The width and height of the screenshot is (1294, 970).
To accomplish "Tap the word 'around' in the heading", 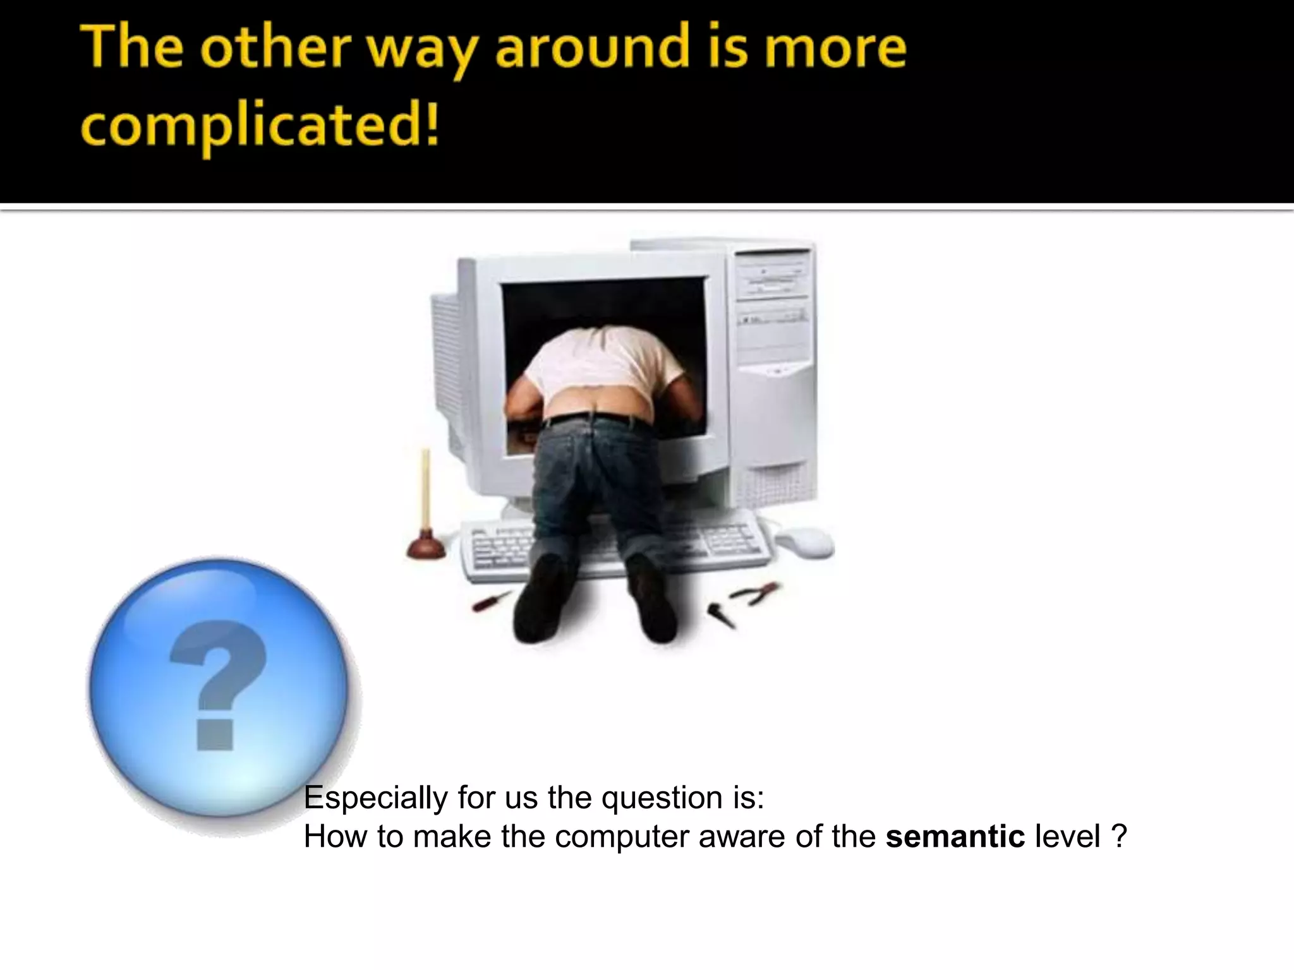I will click(590, 48).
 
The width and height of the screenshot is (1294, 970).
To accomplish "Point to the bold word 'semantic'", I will click(955, 837).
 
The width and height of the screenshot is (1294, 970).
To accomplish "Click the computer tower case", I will click(774, 379).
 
